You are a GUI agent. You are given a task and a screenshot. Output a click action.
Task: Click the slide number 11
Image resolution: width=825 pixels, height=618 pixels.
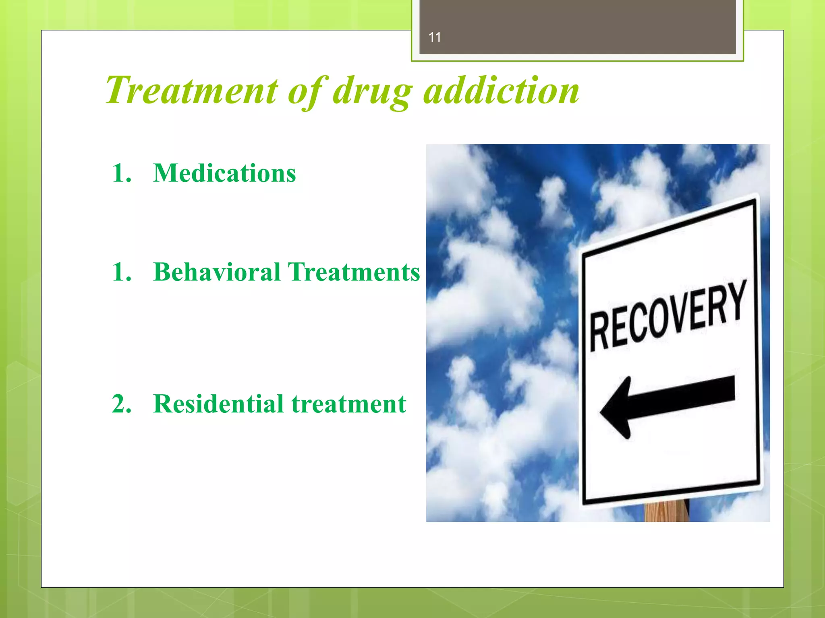[x=435, y=37]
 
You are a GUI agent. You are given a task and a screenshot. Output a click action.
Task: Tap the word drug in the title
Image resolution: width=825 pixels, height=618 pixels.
[x=373, y=92]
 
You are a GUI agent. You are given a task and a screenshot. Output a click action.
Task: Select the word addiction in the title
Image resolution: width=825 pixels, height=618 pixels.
[x=502, y=90]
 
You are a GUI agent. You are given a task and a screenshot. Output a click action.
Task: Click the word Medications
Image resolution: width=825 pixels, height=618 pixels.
[x=224, y=173]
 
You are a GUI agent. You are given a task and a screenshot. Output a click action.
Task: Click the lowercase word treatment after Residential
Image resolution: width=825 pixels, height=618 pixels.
[x=349, y=404]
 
